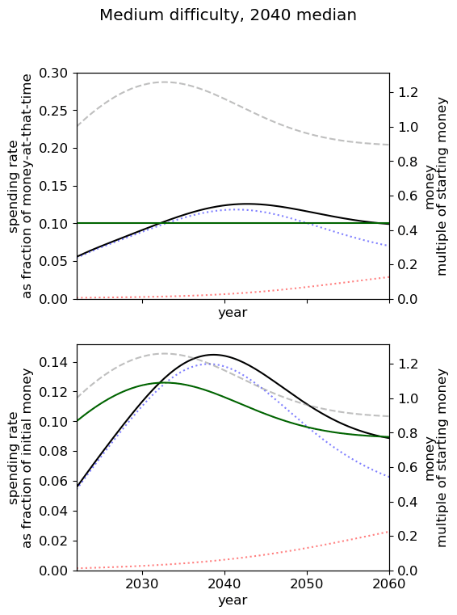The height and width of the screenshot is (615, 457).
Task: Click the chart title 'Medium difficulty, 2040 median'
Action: point(228,15)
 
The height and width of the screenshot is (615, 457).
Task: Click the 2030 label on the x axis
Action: point(142,584)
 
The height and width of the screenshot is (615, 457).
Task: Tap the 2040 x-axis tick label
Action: point(224,584)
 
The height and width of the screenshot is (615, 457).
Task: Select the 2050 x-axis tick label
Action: point(307,584)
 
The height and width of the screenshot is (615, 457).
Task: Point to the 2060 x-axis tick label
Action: point(389,584)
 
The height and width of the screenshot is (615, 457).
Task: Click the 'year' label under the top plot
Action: point(233,313)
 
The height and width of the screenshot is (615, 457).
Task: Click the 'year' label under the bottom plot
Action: point(233,600)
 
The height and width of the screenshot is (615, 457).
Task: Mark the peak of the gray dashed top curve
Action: point(163,82)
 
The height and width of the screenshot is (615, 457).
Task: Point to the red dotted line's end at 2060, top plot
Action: point(389,277)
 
